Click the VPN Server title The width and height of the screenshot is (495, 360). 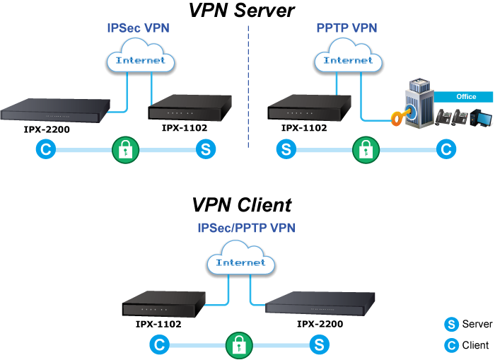click(241, 11)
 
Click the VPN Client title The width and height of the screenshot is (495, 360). click(241, 205)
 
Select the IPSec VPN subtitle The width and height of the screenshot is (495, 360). click(138, 29)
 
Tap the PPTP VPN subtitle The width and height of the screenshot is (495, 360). click(346, 29)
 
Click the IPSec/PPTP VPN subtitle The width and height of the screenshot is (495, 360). click(246, 228)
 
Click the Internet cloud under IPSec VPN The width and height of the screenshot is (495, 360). click(140, 60)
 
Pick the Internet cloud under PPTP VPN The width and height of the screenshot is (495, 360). click(348, 60)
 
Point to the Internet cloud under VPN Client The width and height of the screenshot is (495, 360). click(240, 262)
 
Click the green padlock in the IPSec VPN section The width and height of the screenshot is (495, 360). click(127, 150)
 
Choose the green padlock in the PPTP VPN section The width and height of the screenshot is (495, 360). click(365, 150)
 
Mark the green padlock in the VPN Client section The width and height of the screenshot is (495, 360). click(240, 345)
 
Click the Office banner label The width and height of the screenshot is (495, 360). click(465, 97)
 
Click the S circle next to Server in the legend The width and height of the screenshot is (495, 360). click(450, 324)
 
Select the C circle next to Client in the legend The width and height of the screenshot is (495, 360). click(450, 345)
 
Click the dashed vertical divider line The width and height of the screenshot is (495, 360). click(249, 85)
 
